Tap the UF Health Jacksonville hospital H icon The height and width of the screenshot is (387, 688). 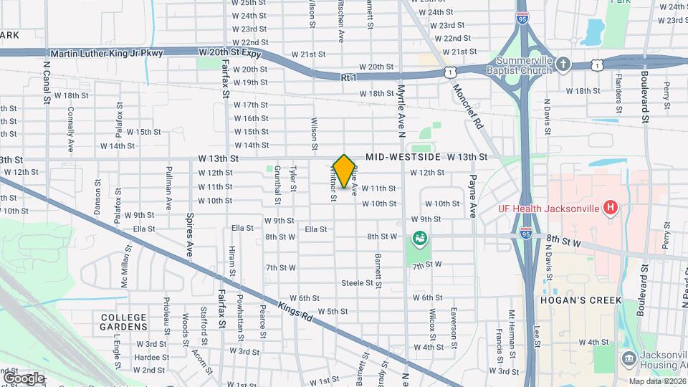click(610, 209)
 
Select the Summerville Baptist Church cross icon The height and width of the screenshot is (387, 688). click(563, 64)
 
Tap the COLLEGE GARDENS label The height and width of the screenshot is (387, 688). click(123, 322)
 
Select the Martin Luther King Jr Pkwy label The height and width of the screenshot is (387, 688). click(107, 54)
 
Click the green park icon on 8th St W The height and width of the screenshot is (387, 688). click(419, 237)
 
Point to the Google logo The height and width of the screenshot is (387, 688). click(24, 378)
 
